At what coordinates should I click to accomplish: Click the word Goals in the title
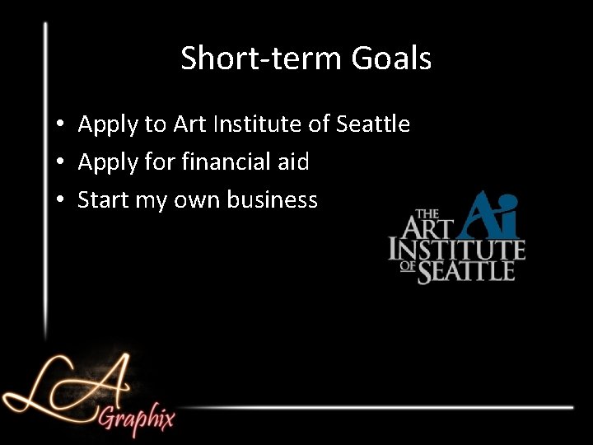click(391, 59)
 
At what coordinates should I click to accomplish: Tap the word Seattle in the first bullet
click(373, 124)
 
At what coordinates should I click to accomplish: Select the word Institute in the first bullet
click(262, 124)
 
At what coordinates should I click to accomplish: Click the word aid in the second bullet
click(292, 162)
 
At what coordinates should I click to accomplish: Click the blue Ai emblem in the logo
click(492, 213)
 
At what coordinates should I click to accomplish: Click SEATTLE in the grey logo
click(466, 272)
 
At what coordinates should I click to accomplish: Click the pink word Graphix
click(137, 418)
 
